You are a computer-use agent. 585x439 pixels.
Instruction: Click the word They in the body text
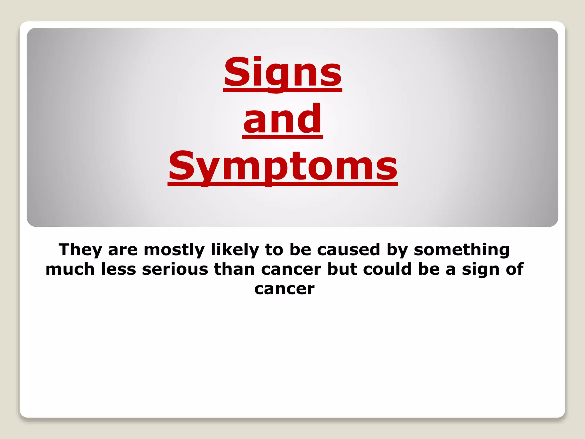[x=80, y=250]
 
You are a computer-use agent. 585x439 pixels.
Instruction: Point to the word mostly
[x=174, y=250]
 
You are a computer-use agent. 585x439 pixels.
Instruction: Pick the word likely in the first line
[x=235, y=250]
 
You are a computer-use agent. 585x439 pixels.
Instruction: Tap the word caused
[x=348, y=250]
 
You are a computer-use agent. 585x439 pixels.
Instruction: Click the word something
[x=462, y=250]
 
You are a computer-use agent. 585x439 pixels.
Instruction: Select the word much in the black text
[x=70, y=269]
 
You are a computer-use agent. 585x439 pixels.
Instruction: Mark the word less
[x=119, y=269]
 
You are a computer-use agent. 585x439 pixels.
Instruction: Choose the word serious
[x=175, y=269]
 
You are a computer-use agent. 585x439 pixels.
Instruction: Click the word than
[x=235, y=269]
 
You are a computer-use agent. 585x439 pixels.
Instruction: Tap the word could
[x=387, y=269]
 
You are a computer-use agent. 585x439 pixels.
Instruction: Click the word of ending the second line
[x=514, y=269]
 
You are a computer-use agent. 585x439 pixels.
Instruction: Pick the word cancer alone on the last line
[x=285, y=289]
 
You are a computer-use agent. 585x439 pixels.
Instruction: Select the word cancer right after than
[x=291, y=270]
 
